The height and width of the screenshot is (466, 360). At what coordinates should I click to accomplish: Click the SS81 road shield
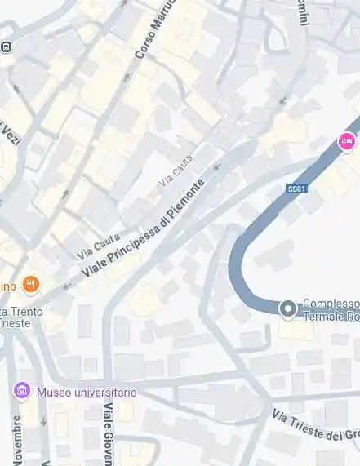(x=297, y=189)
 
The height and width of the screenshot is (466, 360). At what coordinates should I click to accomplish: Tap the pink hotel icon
(x=346, y=142)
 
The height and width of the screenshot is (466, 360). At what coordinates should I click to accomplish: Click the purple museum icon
(x=22, y=392)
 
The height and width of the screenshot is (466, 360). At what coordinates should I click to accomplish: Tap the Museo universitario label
(x=87, y=393)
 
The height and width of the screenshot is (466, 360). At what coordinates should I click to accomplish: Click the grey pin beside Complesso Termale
(x=287, y=309)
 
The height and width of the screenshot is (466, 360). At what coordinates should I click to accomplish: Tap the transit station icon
(x=7, y=47)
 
